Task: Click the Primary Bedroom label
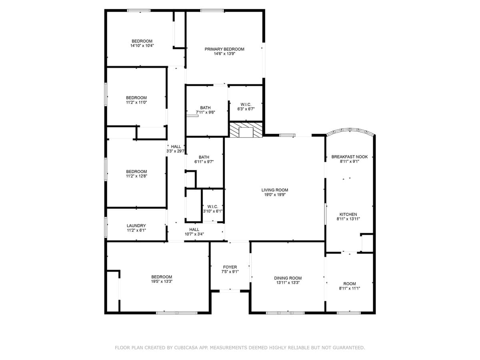224,49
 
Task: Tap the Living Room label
274,190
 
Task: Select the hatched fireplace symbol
246,130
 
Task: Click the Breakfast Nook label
349,157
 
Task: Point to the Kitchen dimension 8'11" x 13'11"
348,219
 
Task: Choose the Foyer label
230,267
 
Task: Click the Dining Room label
288,278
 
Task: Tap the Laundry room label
136,226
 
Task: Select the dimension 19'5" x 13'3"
162,282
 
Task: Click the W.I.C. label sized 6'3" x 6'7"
246,104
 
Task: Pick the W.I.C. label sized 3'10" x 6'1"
212,206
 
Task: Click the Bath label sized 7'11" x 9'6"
205,108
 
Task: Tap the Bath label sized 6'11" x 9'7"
204,157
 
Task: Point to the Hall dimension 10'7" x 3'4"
194,234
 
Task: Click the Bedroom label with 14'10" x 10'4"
142,41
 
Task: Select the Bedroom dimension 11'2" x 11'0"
136,102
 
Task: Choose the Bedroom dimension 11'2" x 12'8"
136,176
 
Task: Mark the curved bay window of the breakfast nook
350,131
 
